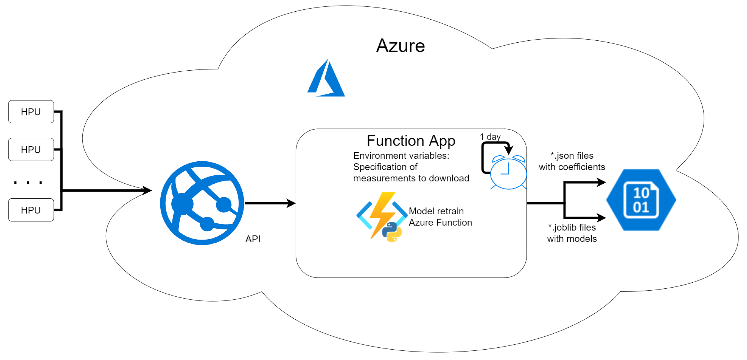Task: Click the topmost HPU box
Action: [x=31, y=112]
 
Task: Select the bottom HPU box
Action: [x=31, y=210]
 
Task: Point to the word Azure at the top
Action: [x=400, y=46]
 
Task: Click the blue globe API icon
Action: [x=202, y=203]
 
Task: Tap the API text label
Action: [x=252, y=239]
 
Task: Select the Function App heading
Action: [x=411, y=141]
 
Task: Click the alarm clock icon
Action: [x=508, y=172]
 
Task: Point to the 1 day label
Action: [x=490, y=136]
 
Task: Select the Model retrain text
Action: [x=436, y=211]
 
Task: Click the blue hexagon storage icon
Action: [x=641, y=200]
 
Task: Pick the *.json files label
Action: [x=572, y=156]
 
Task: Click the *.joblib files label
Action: [x=572, y=227]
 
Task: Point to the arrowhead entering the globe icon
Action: [x=147, y=190]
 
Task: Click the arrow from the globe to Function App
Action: [x=270, y=203]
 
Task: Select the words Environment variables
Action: [x=401, y=156]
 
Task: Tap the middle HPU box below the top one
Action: [x=31, y=149]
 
